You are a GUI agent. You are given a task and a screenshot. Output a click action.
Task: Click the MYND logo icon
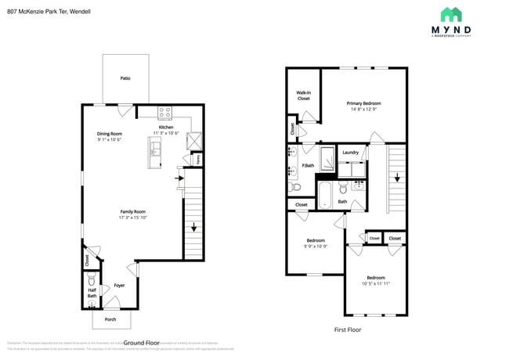tap(451, 14)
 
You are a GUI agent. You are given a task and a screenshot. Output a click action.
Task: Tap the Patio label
tap(125, 78)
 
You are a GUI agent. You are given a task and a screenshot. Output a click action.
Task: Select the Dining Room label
tap(110, 134)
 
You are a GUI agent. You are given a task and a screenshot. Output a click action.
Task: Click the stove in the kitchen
tap(165, 112)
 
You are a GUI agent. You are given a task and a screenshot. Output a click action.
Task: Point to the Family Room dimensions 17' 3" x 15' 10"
tap(133, 218)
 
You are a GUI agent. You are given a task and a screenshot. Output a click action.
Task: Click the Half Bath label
tap(92, 293)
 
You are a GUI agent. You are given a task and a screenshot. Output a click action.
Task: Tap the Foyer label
tap(119, 286)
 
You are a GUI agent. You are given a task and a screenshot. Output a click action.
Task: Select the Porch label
tap(111, 320)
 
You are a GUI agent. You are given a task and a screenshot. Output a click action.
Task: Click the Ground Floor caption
tap(141, 343)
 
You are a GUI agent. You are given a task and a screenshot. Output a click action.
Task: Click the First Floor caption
tap(348, 329)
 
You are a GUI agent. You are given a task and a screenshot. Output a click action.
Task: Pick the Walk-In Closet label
tap(304, 95)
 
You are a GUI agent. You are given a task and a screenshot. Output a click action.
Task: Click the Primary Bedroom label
tap(364, 103)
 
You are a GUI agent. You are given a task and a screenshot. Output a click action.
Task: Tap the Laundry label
tap(350, 153)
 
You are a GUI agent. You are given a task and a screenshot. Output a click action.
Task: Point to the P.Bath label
tap(309, 166)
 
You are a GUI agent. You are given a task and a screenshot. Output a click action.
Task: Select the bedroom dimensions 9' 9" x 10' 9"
tap(316, 247)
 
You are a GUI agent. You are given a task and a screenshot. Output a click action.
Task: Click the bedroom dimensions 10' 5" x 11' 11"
tap(376, 283)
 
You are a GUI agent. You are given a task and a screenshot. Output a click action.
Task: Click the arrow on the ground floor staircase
tap(193, 229)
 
